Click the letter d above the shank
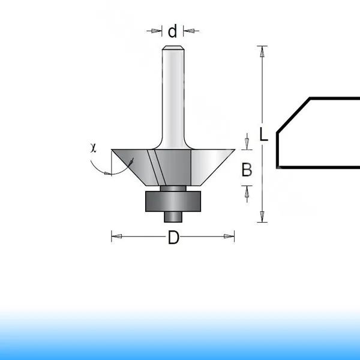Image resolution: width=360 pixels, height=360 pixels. click(x=172, y=31)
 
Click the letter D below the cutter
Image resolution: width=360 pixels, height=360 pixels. click(x=173, y=238)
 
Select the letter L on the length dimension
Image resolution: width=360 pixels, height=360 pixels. click(x=263, y=134)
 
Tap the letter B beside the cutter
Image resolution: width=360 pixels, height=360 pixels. click(x=247, y=169)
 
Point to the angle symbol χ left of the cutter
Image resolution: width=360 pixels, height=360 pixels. click(x=93, y=148)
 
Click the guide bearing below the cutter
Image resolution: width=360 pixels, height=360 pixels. click(x=173, y=201)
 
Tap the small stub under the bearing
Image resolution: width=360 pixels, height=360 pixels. click(x=173, y=217)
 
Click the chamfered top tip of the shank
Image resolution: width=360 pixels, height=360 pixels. click(x=173, y=48)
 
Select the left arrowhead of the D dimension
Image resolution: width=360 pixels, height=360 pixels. click(x=116, y=236)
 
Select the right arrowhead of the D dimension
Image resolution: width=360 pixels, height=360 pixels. click(x=229, y=236)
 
